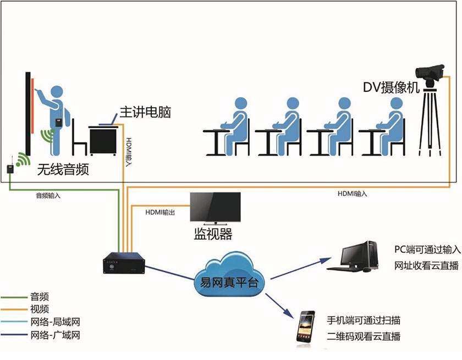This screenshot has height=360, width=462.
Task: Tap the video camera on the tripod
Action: (429, 71)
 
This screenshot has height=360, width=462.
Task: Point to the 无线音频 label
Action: (62, 169)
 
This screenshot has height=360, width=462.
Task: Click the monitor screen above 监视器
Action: (215, 208)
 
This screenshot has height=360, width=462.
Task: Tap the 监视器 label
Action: (212, 235)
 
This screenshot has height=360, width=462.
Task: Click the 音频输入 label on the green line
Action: (48, 195)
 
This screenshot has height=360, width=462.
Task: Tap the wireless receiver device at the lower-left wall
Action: (9, 168)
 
